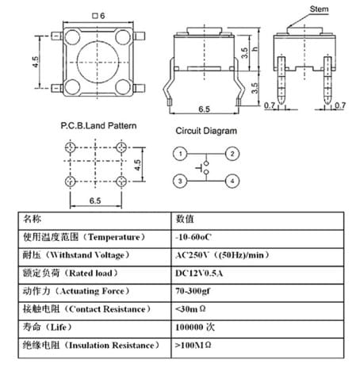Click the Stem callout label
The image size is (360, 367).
[319, 9]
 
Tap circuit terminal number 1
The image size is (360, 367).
[180, 154]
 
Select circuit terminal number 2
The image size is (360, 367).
[232, 154]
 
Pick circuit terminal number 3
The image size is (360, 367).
[180, 181]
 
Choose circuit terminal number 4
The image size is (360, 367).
[232, 181]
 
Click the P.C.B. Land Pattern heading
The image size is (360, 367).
[98, 125]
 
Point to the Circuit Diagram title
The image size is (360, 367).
[206, 131]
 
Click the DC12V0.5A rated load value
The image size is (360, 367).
[199, 273]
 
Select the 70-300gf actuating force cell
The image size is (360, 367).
[193, 291]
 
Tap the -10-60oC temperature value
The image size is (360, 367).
[193, 237]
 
